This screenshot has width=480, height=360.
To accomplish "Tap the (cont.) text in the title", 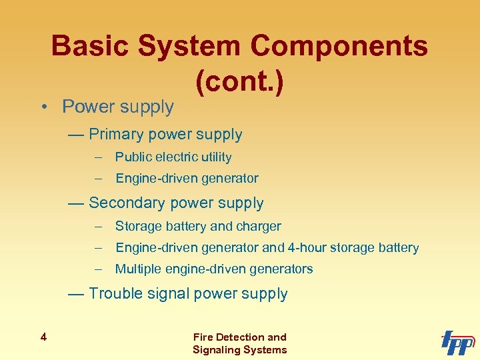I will click(x=240, y=81).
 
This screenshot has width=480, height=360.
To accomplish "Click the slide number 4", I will click(x=43, y=337).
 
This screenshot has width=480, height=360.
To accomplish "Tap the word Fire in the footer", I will click(x=203, y=337).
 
